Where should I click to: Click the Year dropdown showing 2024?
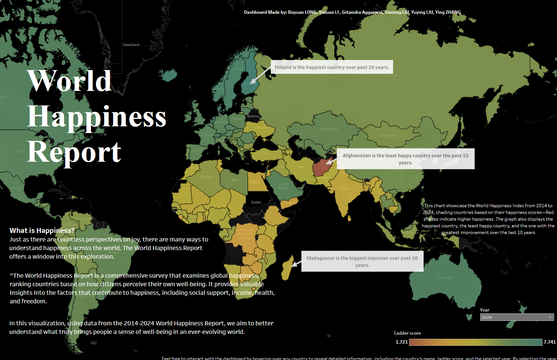click(516, 318)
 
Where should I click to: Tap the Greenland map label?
click(131, 45)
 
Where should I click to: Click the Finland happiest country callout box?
click(332, 67)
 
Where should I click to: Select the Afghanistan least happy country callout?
click(405, 159)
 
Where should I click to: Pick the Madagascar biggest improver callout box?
click(362, 261)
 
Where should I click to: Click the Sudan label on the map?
click(256, 202)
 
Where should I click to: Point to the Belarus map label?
click(253, 116)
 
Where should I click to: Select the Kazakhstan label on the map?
click(329, 129)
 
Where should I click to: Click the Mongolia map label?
click(389, 136)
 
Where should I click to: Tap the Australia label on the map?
click(445, 278)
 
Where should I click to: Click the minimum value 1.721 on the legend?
click(401, 342)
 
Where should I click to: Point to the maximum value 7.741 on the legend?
click(550, 342)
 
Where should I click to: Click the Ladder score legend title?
click(408, 333)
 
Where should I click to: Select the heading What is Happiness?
click(42, 231)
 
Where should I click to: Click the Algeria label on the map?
click(207, 177)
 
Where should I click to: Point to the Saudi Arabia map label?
click(283, 186)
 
